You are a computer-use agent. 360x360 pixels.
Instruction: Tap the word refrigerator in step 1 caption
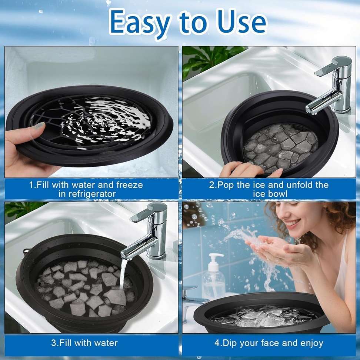pyautogui.click(x=87, y=194)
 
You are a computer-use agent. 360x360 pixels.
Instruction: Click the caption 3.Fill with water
pyautogui.click(x=84, y=343)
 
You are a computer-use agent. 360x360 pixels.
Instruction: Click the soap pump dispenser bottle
pyautogui.click(x=213, y=278)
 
